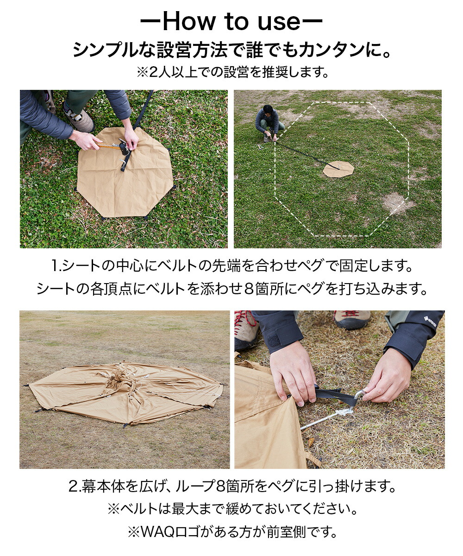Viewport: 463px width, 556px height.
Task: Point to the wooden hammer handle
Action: pyautogui.click(x=108, y=145)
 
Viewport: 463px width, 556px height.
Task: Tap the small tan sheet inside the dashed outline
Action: pyautogui.click(x=338, y=169)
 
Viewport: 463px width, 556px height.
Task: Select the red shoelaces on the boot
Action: pyautogui.click(x=244, y=322)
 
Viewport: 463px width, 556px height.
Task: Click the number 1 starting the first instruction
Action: pyautogui.click(x=55, y=266)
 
